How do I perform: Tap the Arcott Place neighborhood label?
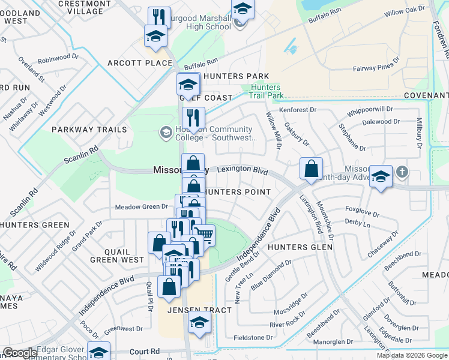(x=140, y=63)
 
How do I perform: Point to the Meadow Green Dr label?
(x=141, y=207)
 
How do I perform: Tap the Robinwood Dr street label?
(x=58, y=61)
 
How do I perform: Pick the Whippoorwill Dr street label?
(x=370, y=111)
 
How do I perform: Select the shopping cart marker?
(x=205, y=234)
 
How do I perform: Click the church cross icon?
(x=402, y=173)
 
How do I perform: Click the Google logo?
(x=19, y=353)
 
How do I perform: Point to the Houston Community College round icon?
(x=165, y=132)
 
